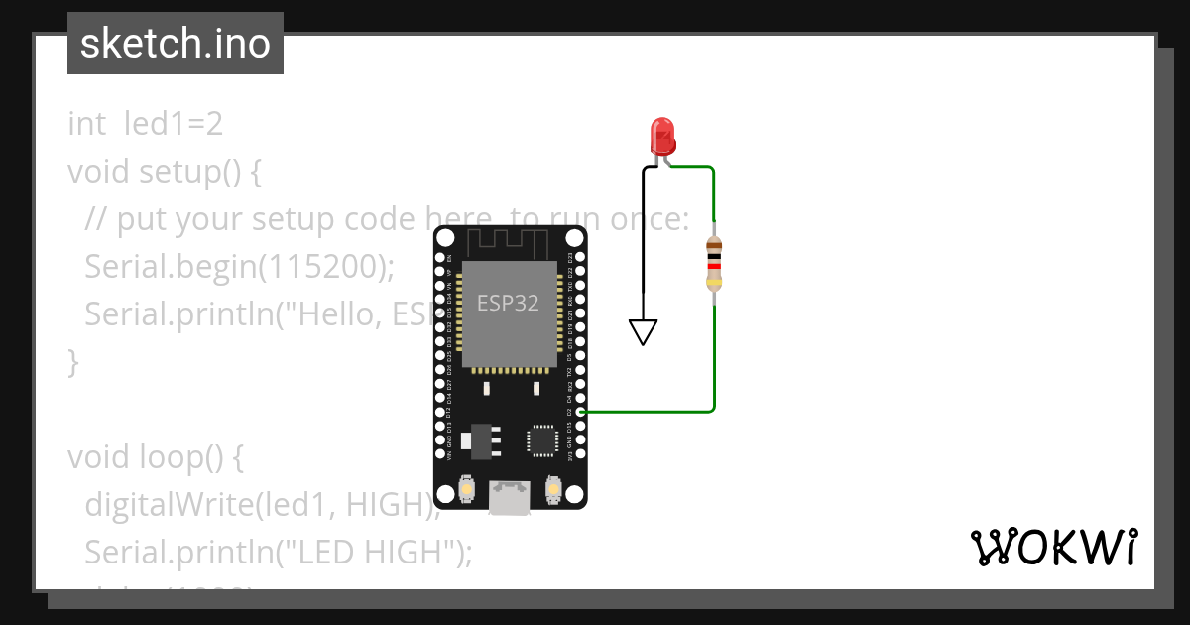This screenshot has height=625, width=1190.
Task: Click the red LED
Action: point(661,135)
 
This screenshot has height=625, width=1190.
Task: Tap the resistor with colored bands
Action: point(713,264)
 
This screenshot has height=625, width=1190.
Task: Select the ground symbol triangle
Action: point(644,331)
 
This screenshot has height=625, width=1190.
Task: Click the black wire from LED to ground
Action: point(644,238)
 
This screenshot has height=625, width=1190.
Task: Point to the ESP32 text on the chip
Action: point(508,303)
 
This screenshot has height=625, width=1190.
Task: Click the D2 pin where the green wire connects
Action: point(580,411)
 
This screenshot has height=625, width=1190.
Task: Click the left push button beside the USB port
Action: point(467,489)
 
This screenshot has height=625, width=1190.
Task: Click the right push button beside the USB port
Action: point(553,489)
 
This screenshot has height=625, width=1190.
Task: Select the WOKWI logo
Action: point(1053,548)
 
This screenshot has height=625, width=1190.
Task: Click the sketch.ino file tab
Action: point(176,44)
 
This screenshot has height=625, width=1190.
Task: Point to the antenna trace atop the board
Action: point(509,241)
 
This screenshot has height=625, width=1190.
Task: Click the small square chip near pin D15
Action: point(542,439)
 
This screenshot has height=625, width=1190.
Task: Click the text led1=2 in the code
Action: point(174,124)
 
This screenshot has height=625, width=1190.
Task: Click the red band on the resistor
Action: point(713,266)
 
